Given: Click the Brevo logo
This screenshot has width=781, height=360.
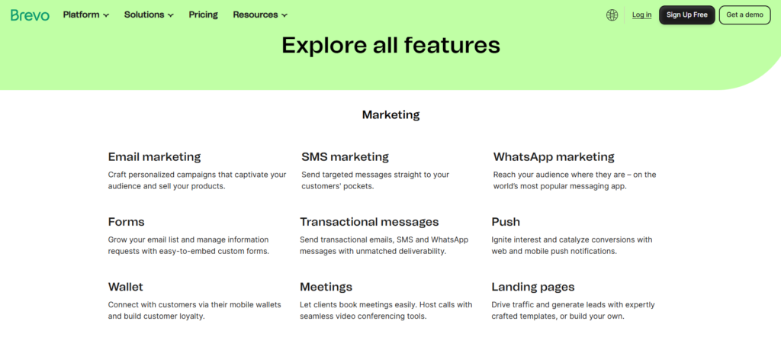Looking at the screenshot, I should coord(30,14).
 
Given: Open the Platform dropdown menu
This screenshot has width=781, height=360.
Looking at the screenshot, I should coord(85,14).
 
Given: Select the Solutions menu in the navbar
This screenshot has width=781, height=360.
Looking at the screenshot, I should coord(149,14).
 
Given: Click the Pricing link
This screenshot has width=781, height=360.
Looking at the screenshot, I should coord(203,14).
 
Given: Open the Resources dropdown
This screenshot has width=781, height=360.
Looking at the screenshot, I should coord(260,14).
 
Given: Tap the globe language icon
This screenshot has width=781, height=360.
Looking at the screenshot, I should coord(612,14).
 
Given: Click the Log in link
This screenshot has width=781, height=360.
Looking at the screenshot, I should coord(641,14).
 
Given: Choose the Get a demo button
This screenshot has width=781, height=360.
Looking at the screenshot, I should coord(744,14).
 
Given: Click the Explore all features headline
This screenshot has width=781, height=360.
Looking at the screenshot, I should coord(390,45).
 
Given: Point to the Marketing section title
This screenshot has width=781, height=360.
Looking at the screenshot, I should coord(390,115).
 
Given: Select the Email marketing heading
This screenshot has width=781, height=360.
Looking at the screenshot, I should coord(154,157).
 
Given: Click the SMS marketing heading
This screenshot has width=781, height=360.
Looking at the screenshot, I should coord(345,157).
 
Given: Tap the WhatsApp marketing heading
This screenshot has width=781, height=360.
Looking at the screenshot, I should coord(554,157).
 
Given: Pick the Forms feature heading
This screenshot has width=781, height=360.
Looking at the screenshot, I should coord(126,222).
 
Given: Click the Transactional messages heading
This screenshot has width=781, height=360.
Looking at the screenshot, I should coord(369,222).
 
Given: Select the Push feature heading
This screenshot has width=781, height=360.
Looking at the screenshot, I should coord(506,222).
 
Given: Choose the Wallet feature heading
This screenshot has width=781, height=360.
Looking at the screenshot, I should coord(125,287).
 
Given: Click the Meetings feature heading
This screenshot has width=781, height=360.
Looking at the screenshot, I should coord(326,287).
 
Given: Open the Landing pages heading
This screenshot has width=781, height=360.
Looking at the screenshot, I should coord(533,287).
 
